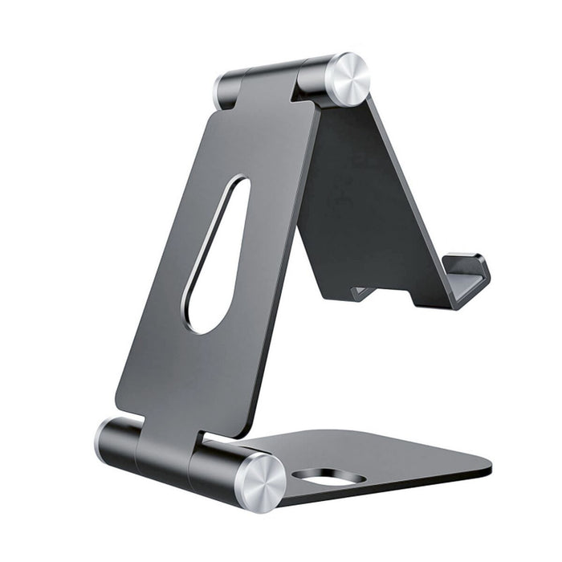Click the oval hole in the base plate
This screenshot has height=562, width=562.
[328, 477]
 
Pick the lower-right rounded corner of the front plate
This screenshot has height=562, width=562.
[241, 430]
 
